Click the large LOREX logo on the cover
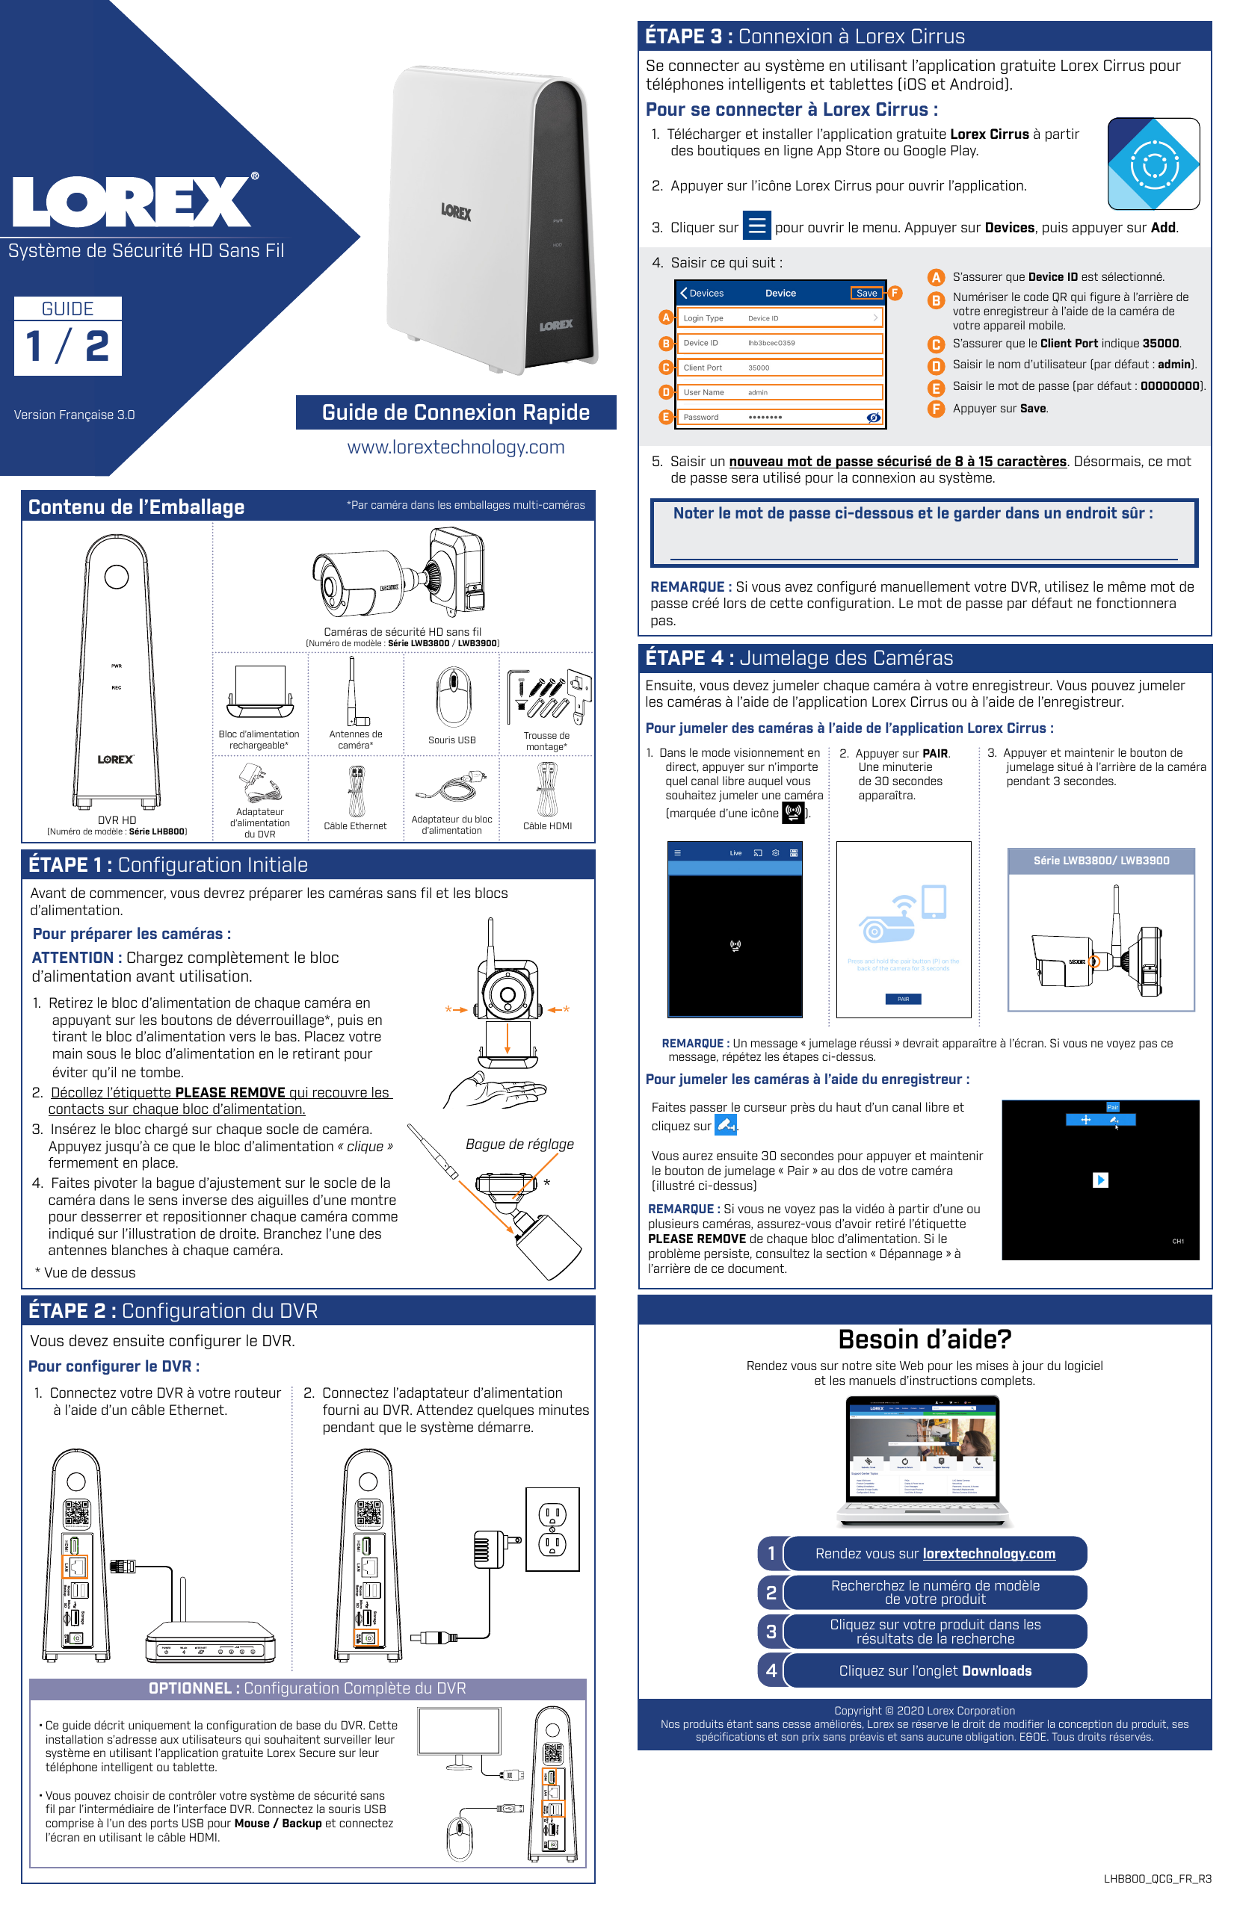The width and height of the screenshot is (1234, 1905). [132, 202]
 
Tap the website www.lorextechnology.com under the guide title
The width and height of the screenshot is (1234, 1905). [456, 447]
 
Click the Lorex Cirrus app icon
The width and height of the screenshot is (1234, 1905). [1153, 164]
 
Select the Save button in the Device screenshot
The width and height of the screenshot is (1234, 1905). [866, 293]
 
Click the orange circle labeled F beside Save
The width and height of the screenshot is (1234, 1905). [895, 293]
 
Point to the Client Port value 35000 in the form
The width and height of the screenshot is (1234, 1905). [759, 368]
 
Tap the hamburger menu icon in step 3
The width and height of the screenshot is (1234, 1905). [756, 226]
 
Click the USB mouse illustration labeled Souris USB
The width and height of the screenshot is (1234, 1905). [452, 696]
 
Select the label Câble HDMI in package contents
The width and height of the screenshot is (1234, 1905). [547, 826]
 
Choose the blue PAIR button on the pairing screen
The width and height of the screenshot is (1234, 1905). [902, 999]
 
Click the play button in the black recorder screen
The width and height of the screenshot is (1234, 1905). [1099, 1180]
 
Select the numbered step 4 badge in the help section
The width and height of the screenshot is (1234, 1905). [771, 1670]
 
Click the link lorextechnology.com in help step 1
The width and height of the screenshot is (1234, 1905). [988, 1554]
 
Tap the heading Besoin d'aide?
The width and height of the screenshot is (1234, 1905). [924, 1339]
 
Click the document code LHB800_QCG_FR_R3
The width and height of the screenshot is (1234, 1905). [1156, 1879]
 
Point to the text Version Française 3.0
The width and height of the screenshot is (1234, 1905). [75, 415]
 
